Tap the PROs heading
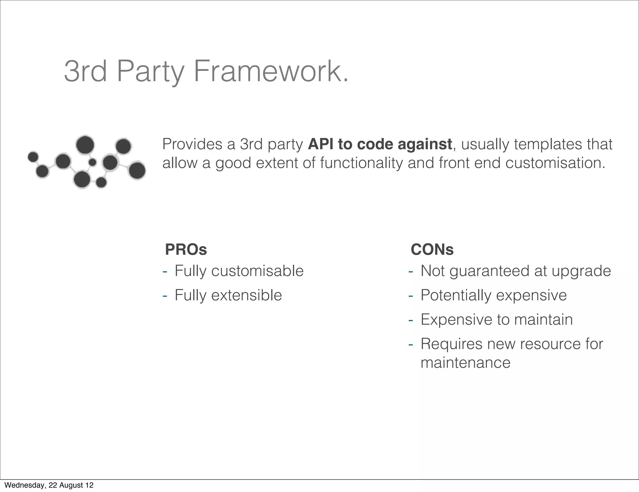(186, 249)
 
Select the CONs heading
(432, 249)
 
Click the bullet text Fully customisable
(239, 271)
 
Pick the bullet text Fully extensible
(228, 295)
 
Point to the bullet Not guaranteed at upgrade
(515, 271)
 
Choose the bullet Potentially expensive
(494, 295)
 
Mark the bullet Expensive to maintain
(497, 319)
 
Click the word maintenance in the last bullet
(466, 362)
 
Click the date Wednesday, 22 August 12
(49, 485)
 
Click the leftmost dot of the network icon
(33, 156)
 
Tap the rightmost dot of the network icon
(137, 171)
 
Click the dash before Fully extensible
(165, 295)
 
